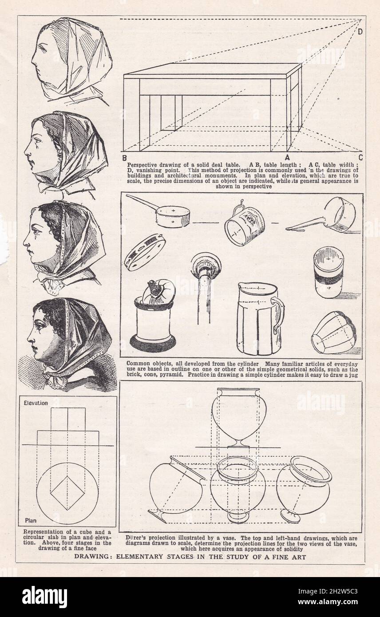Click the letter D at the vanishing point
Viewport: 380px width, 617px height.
tap(360, 31)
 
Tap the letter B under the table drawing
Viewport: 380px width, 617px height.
tap(125, 158)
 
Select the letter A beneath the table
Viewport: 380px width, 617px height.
tap(287, 157)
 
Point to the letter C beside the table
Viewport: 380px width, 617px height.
tap(360, 157)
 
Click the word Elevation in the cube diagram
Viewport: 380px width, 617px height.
tap(36, 403)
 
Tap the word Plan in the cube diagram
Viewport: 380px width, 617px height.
tap(30, 520)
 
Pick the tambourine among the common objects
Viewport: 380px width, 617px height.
tap(145, 252)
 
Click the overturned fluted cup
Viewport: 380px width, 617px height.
tap(333, 332)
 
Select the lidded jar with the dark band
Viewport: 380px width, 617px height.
tap(328, 273)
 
